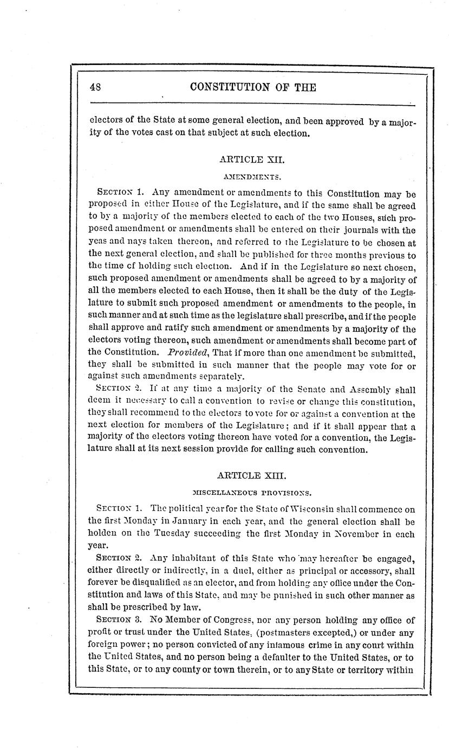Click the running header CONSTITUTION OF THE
(x=253, y=87)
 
